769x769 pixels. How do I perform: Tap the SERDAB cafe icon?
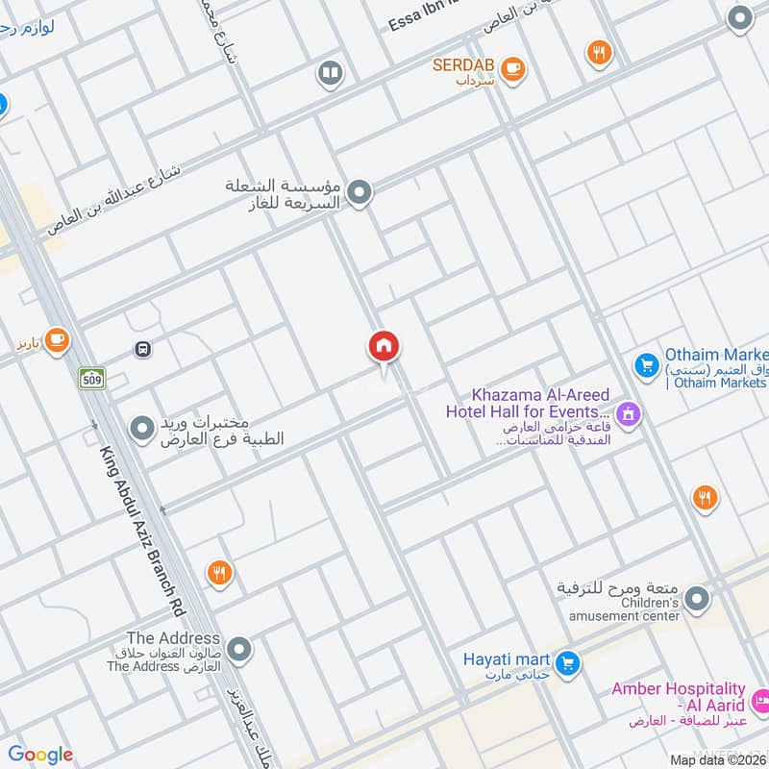coord(512,67)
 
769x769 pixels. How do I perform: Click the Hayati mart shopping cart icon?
coord(567,661)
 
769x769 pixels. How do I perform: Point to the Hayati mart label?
coord(507,659)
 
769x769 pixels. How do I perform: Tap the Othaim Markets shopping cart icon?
coord(645,365)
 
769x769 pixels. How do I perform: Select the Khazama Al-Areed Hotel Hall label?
coord(530,404)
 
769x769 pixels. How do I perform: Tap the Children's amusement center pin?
coord(697,600)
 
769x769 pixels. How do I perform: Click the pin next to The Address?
coord(238,649)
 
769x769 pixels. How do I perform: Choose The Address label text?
coord(173,638)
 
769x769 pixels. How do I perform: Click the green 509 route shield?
coord(91,379)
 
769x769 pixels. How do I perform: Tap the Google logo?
coord(40,755)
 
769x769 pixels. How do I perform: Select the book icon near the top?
coord(330,73)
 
